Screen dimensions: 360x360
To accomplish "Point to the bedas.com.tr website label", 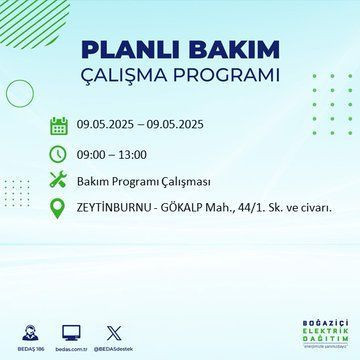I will point(70,345).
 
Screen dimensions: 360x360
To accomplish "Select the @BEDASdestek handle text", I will point(117,345).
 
